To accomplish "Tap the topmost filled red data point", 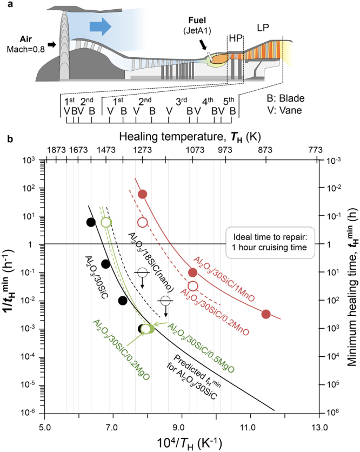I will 143,194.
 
